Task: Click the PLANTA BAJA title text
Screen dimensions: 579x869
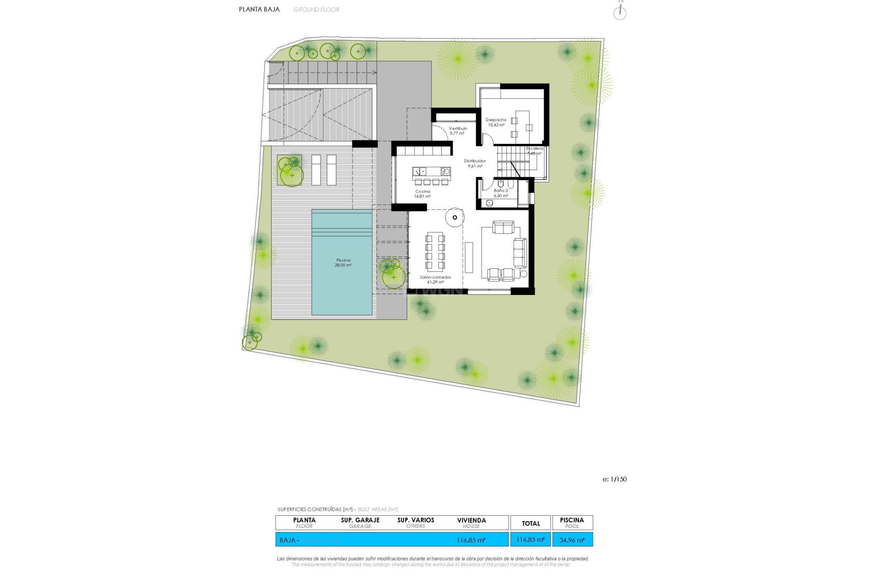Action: point(259,9)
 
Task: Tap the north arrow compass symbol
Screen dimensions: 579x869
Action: point(620,12)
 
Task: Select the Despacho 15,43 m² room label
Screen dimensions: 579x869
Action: point(496,123)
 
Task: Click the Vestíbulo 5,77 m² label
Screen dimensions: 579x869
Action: point(458,131)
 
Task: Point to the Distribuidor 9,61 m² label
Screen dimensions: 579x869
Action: point(475,163)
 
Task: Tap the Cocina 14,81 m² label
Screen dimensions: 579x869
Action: point(423,194)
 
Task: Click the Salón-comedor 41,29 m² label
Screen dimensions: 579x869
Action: point(435,280)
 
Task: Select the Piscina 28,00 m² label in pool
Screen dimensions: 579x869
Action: point(343,262)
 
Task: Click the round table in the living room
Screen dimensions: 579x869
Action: point(454,217)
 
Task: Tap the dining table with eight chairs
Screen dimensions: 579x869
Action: point(435,252)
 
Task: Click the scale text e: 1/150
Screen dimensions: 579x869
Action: point(614,479)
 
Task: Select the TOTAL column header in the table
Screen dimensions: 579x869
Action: point(530,523)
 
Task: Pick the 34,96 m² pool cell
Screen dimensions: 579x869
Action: point(572,540)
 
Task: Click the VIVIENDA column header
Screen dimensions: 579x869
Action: point(471,522)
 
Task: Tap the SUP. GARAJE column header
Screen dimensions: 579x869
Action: point(360,522)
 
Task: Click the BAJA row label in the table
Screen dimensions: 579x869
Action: point(288,540)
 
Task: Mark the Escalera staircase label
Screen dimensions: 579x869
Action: point(534,151)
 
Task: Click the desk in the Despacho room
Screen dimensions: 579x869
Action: point(522,123)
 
